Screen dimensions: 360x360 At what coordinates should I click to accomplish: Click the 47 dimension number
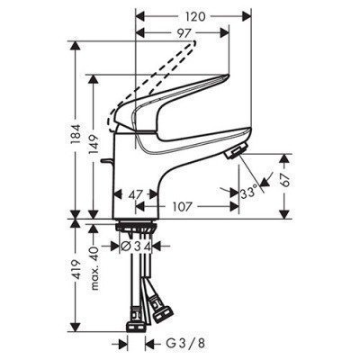click(136, 194)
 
